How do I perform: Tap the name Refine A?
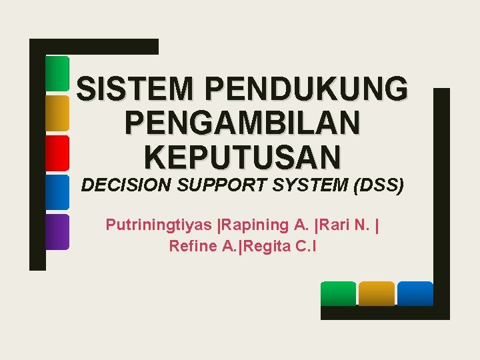203,246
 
